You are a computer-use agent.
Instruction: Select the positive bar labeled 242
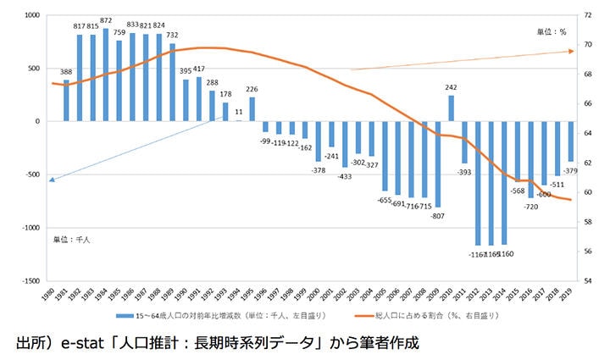[451, 108]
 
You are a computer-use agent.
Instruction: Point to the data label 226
[252, 89]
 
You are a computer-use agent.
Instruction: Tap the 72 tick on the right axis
[588, 15]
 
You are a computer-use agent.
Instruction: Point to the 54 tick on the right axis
[588, 280]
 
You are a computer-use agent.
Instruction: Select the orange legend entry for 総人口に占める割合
[432, 316]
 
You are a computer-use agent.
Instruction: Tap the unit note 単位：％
[552, 31]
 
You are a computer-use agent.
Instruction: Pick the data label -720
[531, 207]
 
